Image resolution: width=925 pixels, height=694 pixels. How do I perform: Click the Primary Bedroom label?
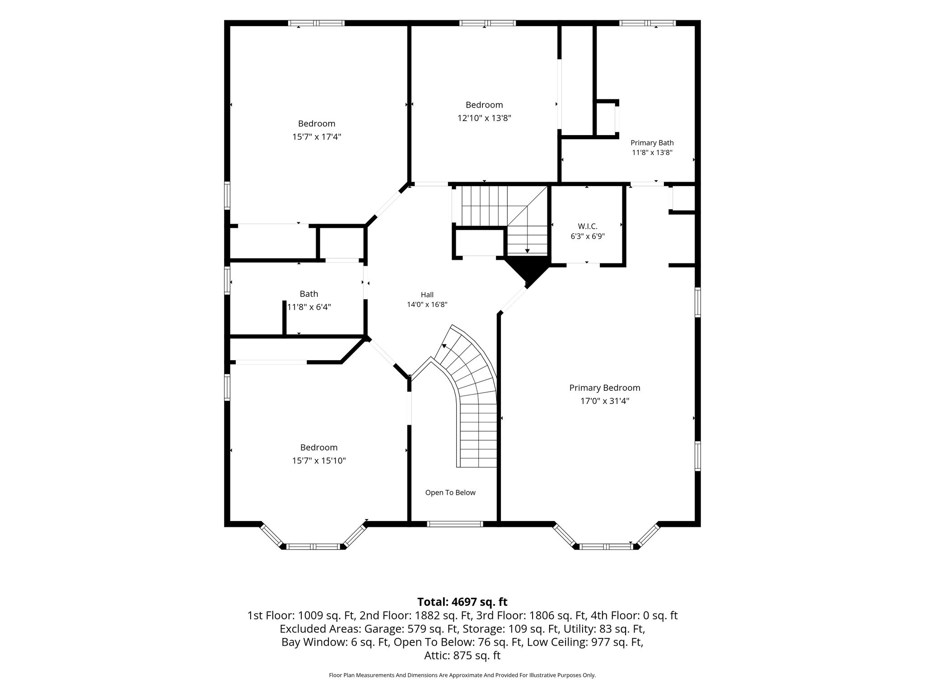[x=605, y=388]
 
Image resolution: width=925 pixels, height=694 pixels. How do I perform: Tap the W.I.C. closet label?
[x=588, y=226]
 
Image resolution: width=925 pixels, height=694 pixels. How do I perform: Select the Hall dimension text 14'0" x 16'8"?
[x=427, y=305]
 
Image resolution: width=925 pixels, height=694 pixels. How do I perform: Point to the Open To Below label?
[x=450, y=492]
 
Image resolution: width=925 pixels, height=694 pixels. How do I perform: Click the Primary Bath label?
[x=652, y=143]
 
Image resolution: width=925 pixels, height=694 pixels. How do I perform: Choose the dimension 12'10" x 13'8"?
[x=484, y=118]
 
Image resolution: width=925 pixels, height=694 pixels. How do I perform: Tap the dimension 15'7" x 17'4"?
[x=317, y=136]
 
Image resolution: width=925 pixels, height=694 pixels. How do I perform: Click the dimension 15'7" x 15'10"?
[x=319, y=460]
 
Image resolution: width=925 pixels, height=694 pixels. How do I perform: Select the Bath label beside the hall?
[x=309, y=294]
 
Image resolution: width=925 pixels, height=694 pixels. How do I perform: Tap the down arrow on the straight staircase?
[x=527, y=251]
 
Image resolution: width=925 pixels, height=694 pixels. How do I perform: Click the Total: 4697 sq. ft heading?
[x=462, y=602]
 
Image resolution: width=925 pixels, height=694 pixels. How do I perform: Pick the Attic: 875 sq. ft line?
[x=462, y=656]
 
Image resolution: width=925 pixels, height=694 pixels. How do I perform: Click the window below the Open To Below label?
[x=455, y=524]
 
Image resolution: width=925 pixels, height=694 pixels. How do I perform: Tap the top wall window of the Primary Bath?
[x=647, y=23]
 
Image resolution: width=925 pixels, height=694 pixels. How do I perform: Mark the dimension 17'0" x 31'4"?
[x=605, y=401]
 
